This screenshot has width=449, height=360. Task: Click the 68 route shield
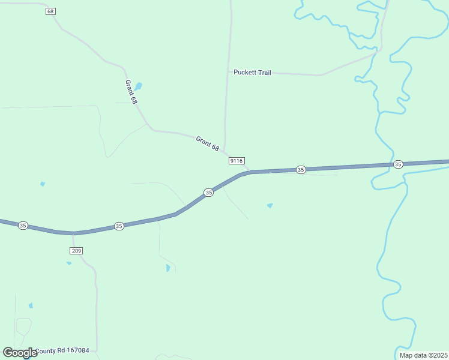coord(50,11)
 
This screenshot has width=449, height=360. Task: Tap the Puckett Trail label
coord(252,73)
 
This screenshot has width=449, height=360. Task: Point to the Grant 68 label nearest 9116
coord(208,143)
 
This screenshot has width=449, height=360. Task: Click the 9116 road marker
coord(237,161)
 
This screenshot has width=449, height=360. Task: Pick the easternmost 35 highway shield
coord(398,164)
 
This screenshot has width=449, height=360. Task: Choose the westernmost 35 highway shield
coord(23,226)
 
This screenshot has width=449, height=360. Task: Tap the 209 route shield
coord(76,250)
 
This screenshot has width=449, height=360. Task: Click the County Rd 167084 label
coord(62,351)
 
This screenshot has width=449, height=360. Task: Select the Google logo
coord(20,353)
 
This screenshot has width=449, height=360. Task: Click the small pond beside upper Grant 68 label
coord(139,86)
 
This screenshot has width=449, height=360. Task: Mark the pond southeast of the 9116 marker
coord(270,206)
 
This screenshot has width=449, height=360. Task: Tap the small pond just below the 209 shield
coord(69,263)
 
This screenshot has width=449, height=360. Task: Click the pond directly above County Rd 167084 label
coord(31,305)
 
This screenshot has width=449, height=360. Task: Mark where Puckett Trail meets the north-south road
coord(228,72)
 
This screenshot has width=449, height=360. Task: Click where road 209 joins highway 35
coord(73,233)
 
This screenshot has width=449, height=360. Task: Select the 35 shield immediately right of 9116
coord(301,170)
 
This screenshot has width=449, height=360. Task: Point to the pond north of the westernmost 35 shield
coord(42,184)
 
